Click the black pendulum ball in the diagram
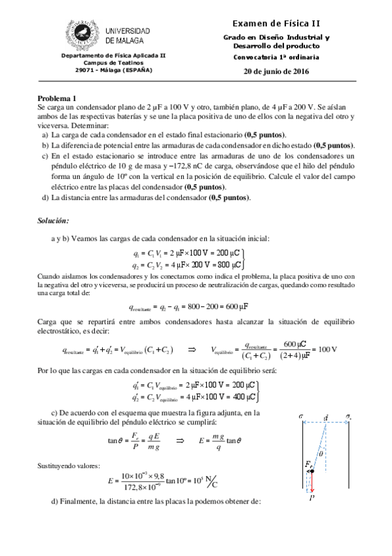point(312,471)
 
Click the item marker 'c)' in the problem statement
point(45,156)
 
